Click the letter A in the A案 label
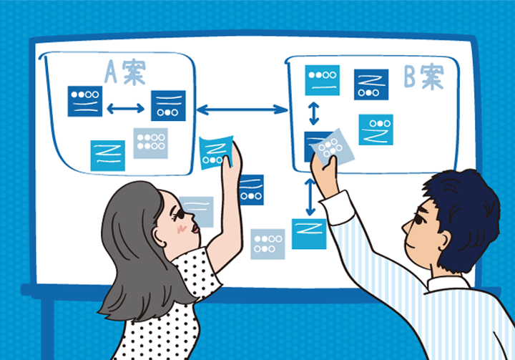tap(111, 72)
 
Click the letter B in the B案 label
tap(410, 77)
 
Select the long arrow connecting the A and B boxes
tap(242, 110)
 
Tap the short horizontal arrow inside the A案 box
tap(126, 108)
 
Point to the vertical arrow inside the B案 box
tap(314, 113)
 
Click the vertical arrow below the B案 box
tap(310, 198)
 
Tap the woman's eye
tap(179, 215)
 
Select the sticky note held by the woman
tap(216, 152)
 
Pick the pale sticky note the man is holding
tap(333, 147)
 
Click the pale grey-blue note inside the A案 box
tap(151, 143)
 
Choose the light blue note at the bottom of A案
tap(108, 156)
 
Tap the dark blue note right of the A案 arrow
tap(169, 105)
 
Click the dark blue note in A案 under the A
tap(85, 101)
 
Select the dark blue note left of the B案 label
tap(371, 84)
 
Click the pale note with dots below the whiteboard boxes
tap(268, 244)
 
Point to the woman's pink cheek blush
tap(182, 228)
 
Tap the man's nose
tap(406, 227)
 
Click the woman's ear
tap(160, 238)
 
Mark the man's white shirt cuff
tap(338, 208)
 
